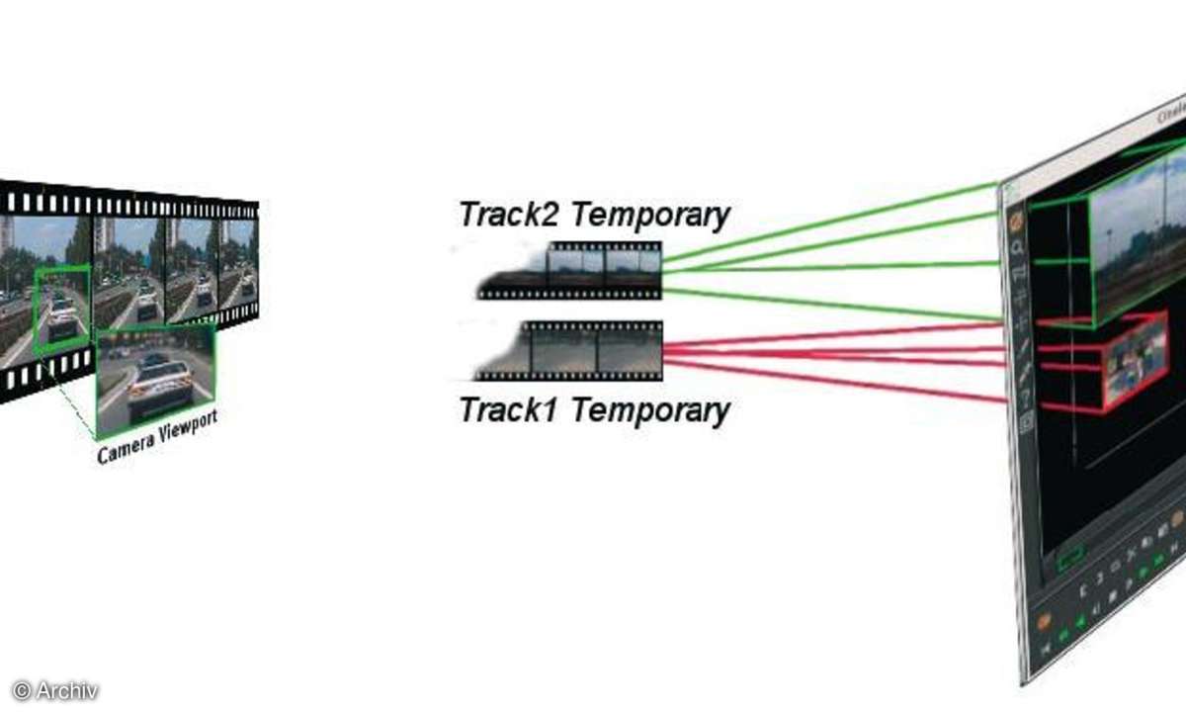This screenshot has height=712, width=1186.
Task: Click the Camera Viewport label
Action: (157, 435)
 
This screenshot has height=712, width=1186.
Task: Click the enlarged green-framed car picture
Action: (155, 379)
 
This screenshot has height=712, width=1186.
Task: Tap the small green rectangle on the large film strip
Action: (61, 309)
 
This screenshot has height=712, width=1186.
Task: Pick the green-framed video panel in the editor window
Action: (1137, 237)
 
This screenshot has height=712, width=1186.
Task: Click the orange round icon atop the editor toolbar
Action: (1015, 222)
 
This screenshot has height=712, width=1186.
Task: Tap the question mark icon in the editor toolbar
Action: (1025, 397)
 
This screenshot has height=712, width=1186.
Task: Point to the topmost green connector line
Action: (830, 223)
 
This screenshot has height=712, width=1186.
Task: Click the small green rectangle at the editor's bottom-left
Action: (1070, 562)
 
